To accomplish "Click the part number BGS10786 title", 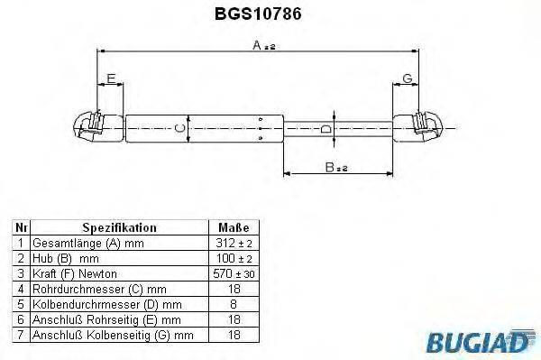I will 270,14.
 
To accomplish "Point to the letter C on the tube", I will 178,129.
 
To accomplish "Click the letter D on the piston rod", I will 325,130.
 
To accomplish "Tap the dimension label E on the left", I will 111,79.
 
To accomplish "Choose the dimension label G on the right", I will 408,79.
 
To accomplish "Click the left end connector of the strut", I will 91,126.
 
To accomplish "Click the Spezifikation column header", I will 119,228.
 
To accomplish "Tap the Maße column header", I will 234,228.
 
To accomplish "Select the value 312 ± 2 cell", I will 234,244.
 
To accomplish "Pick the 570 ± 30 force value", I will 234,272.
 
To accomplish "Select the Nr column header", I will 21,228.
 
